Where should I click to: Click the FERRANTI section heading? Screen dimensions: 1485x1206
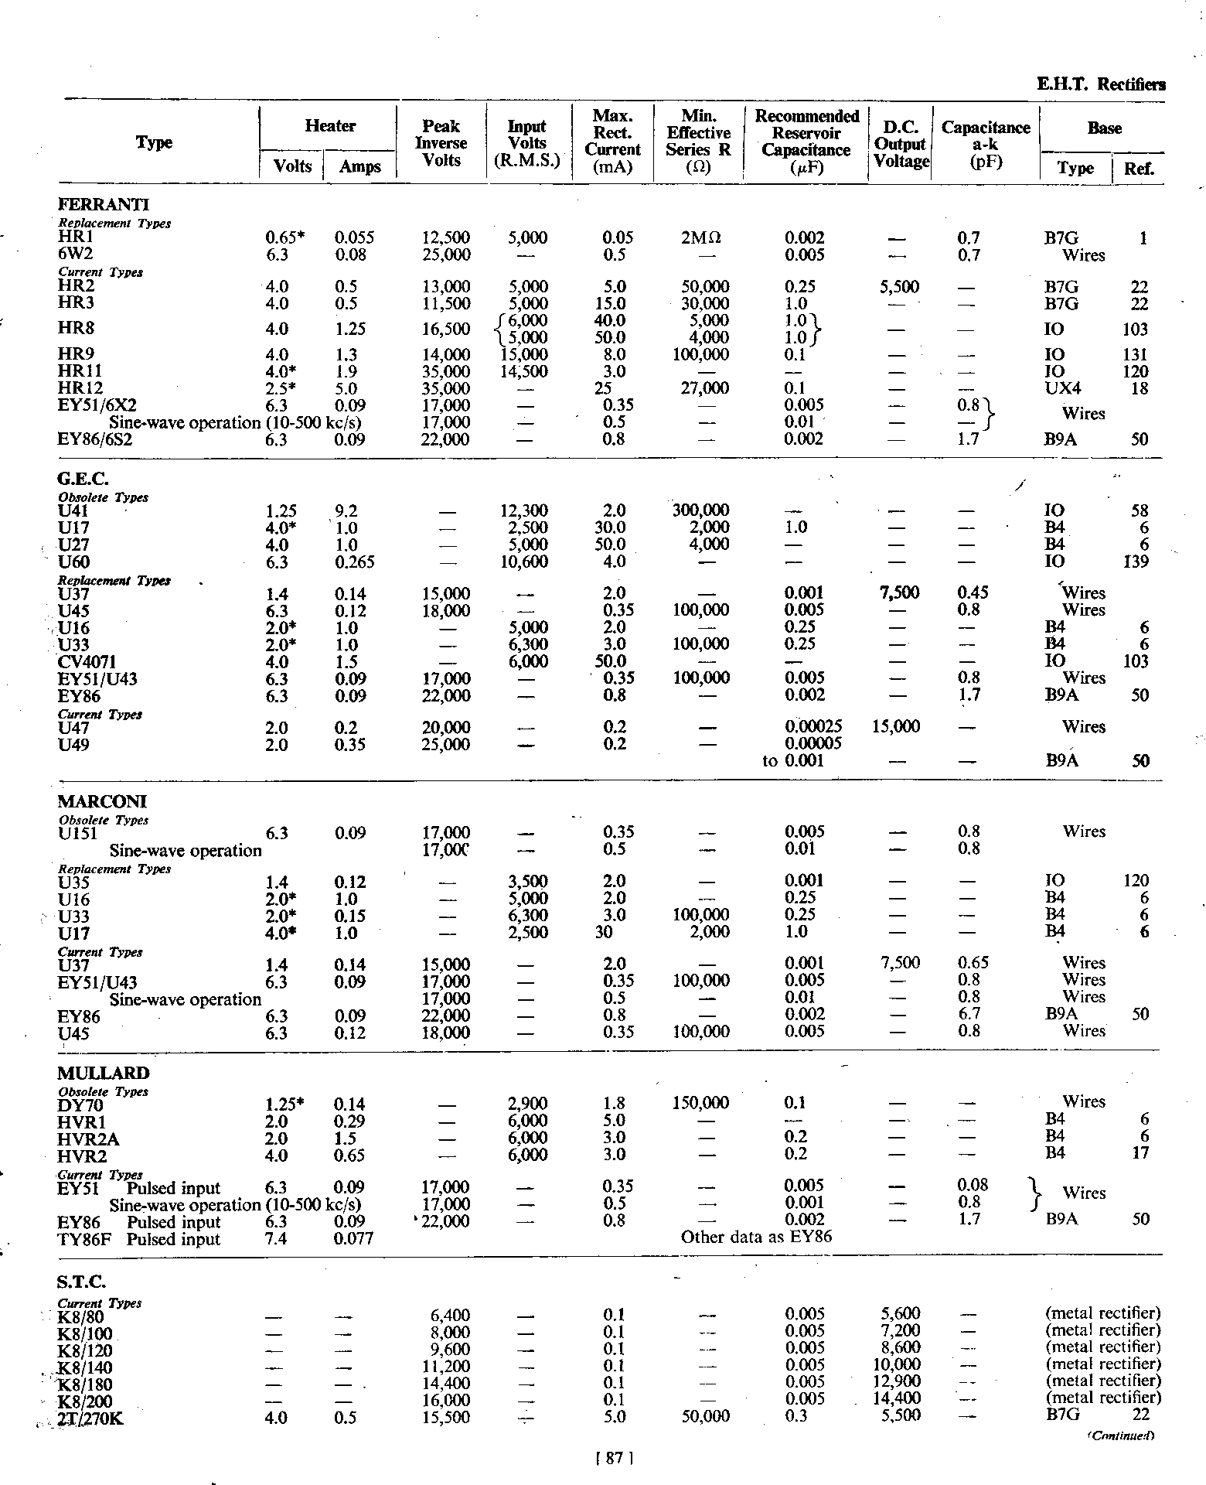coord(104,205)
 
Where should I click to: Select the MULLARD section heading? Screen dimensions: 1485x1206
coord(103,1074)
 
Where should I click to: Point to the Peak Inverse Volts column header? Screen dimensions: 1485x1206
coord(441,143)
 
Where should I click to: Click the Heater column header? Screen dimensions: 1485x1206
coord(330,126)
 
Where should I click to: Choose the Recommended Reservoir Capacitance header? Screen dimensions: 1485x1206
coord(806,133)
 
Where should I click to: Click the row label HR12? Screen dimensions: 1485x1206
coord(80,388)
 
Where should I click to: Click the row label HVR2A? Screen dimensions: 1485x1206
coord(88,1138)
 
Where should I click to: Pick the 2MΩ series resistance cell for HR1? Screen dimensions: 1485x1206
coord(701,238)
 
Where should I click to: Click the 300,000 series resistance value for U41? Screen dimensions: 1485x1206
coord(700,510)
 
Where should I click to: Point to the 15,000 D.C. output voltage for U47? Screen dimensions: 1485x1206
coord(896,727)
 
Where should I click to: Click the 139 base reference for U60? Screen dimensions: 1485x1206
coord(1136,562)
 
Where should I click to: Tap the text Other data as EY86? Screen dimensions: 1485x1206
coord(756,1237)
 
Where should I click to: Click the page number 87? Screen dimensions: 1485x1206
coord(615,1458)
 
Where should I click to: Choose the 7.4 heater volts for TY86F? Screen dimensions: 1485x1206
coord(276,1239)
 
